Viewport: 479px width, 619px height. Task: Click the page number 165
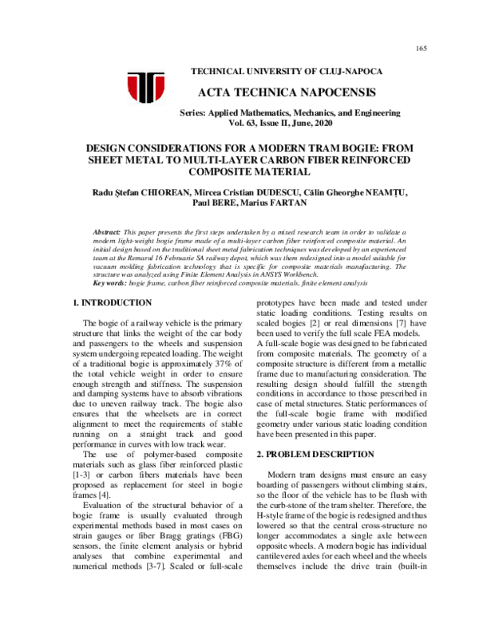coord(422,49)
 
